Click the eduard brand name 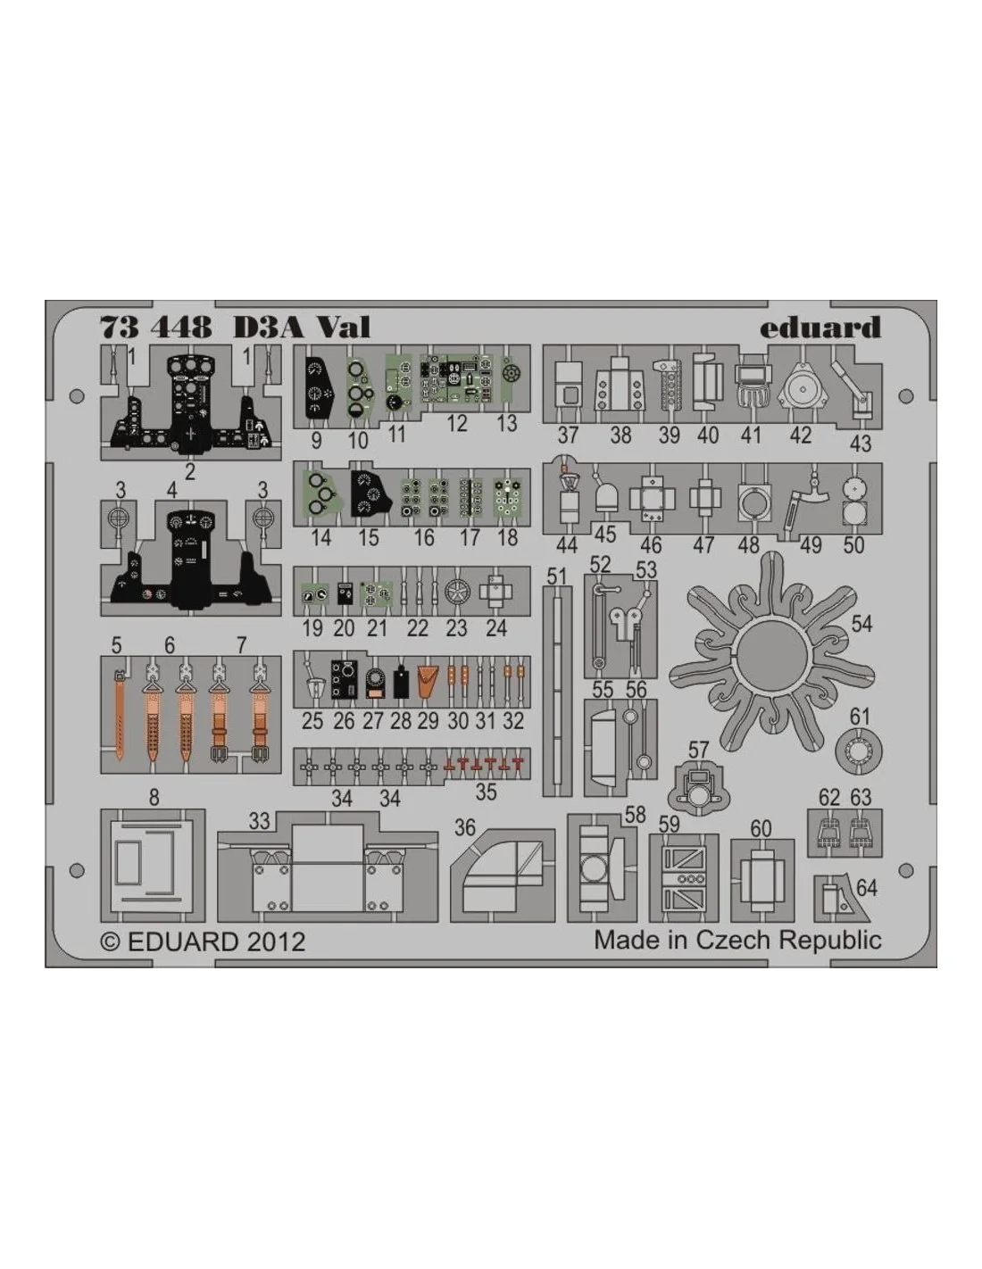[x=820, y=328]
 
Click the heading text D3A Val [x=302, y=328]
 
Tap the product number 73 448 [x=156, y=328]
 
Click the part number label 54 [x=861, y=624]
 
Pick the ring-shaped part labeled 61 [x=859, y=751]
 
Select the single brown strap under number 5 [x=119, y=716]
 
